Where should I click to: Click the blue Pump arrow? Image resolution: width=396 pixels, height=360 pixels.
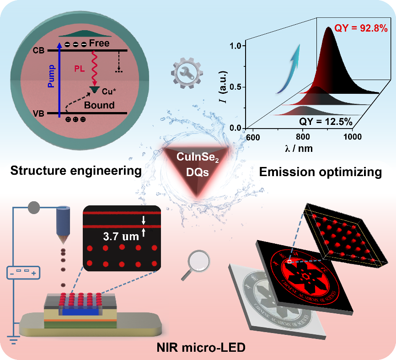click(x=59, y=80)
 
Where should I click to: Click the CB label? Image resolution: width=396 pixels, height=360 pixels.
click(x=39, y=50)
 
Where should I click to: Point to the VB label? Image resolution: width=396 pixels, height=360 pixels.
click(x=38, y=113)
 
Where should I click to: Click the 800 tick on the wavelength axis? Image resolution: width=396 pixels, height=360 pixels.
click(x=303, y=136)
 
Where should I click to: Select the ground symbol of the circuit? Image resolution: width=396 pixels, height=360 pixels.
click(x=13, y=339)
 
